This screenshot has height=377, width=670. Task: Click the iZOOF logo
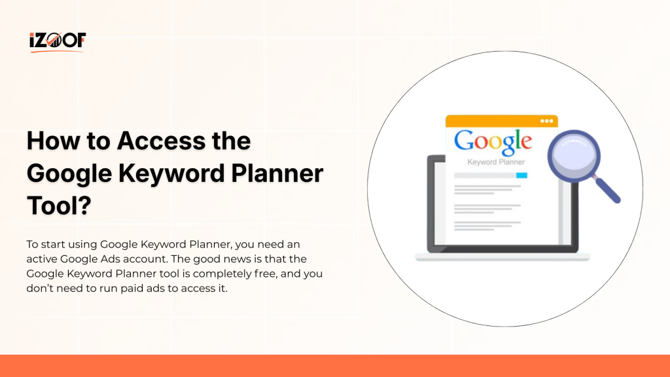(x=57, y=42)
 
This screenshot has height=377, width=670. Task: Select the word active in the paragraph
(x=44, y=259)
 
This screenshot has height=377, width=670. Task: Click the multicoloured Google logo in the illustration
(x=493, y=141)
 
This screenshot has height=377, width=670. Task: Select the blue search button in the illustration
(x=521, y=175)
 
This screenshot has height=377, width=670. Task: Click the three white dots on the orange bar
(x=546, y=121)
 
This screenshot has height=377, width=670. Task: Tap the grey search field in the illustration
(x=484, y=175)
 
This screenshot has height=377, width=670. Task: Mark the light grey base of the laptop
(x=502, y=257)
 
